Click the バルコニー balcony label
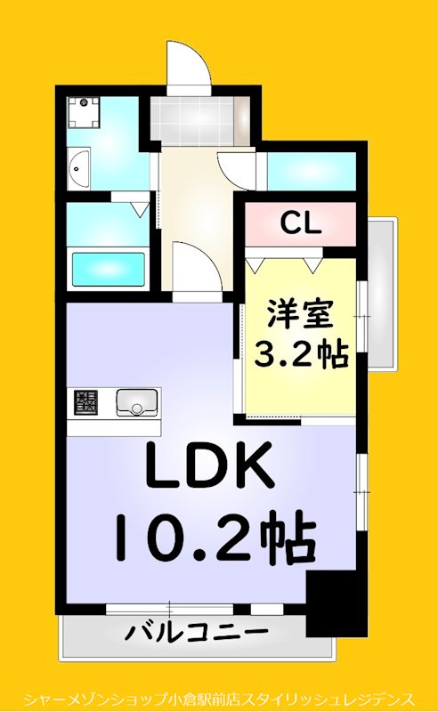196,635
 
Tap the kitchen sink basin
136,402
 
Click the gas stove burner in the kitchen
87,402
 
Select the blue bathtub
108,268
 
